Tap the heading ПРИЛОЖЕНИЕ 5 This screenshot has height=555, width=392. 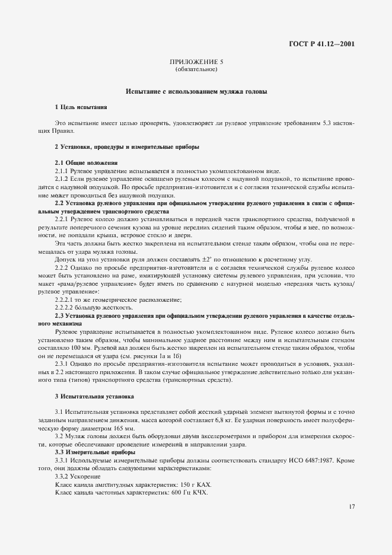tap(196, 62)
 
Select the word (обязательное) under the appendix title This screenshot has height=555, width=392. tap(196, 69)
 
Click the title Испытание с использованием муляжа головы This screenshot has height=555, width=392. tap(196, 92)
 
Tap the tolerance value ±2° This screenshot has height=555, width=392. tap(237, 259)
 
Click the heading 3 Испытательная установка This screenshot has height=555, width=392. tap(94, 395)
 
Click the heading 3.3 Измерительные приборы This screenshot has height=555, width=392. tap(95, 452)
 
